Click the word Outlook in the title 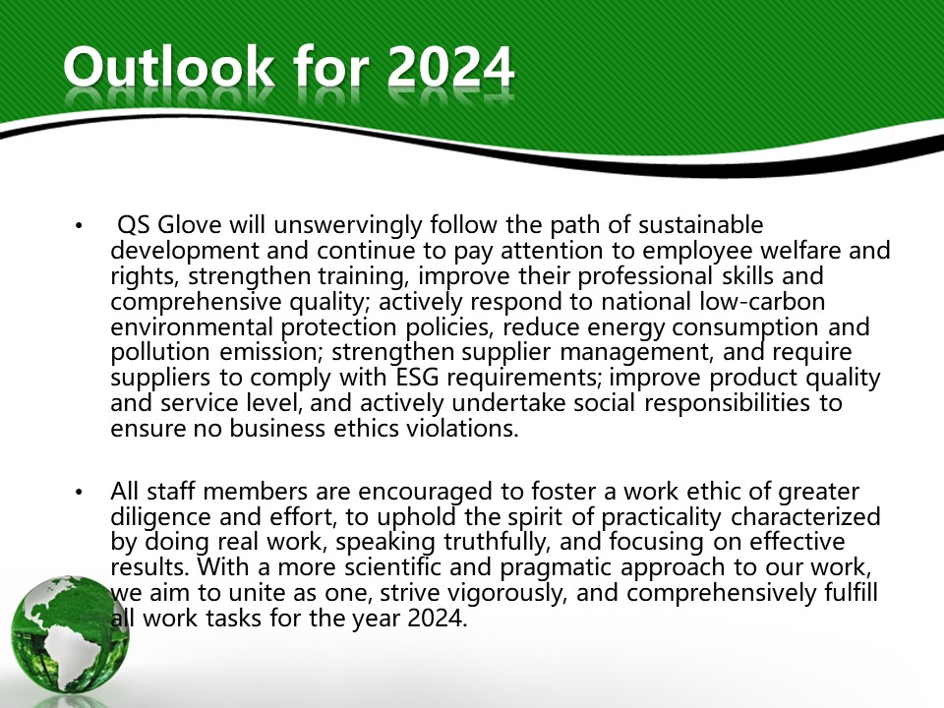coord(168,67)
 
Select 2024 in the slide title coord(450,67)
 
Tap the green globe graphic coord(70,634)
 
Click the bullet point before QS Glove coord(79,226)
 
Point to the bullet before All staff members coord(79,493)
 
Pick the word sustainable coord(701,225)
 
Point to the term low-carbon coord(762,301)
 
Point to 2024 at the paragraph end coord(438,619)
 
